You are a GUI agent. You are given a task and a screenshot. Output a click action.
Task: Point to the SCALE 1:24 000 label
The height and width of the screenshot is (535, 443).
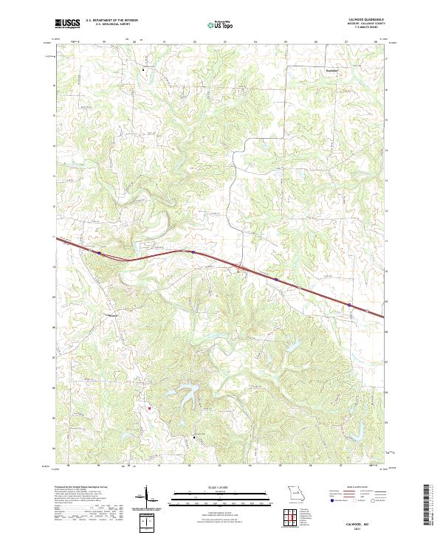[x=213, y=486]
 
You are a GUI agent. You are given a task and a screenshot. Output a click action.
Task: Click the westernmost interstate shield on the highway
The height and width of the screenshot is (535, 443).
[x=97, y=252]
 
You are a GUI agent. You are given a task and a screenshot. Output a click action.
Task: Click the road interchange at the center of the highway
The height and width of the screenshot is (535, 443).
[x=238, y=267]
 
